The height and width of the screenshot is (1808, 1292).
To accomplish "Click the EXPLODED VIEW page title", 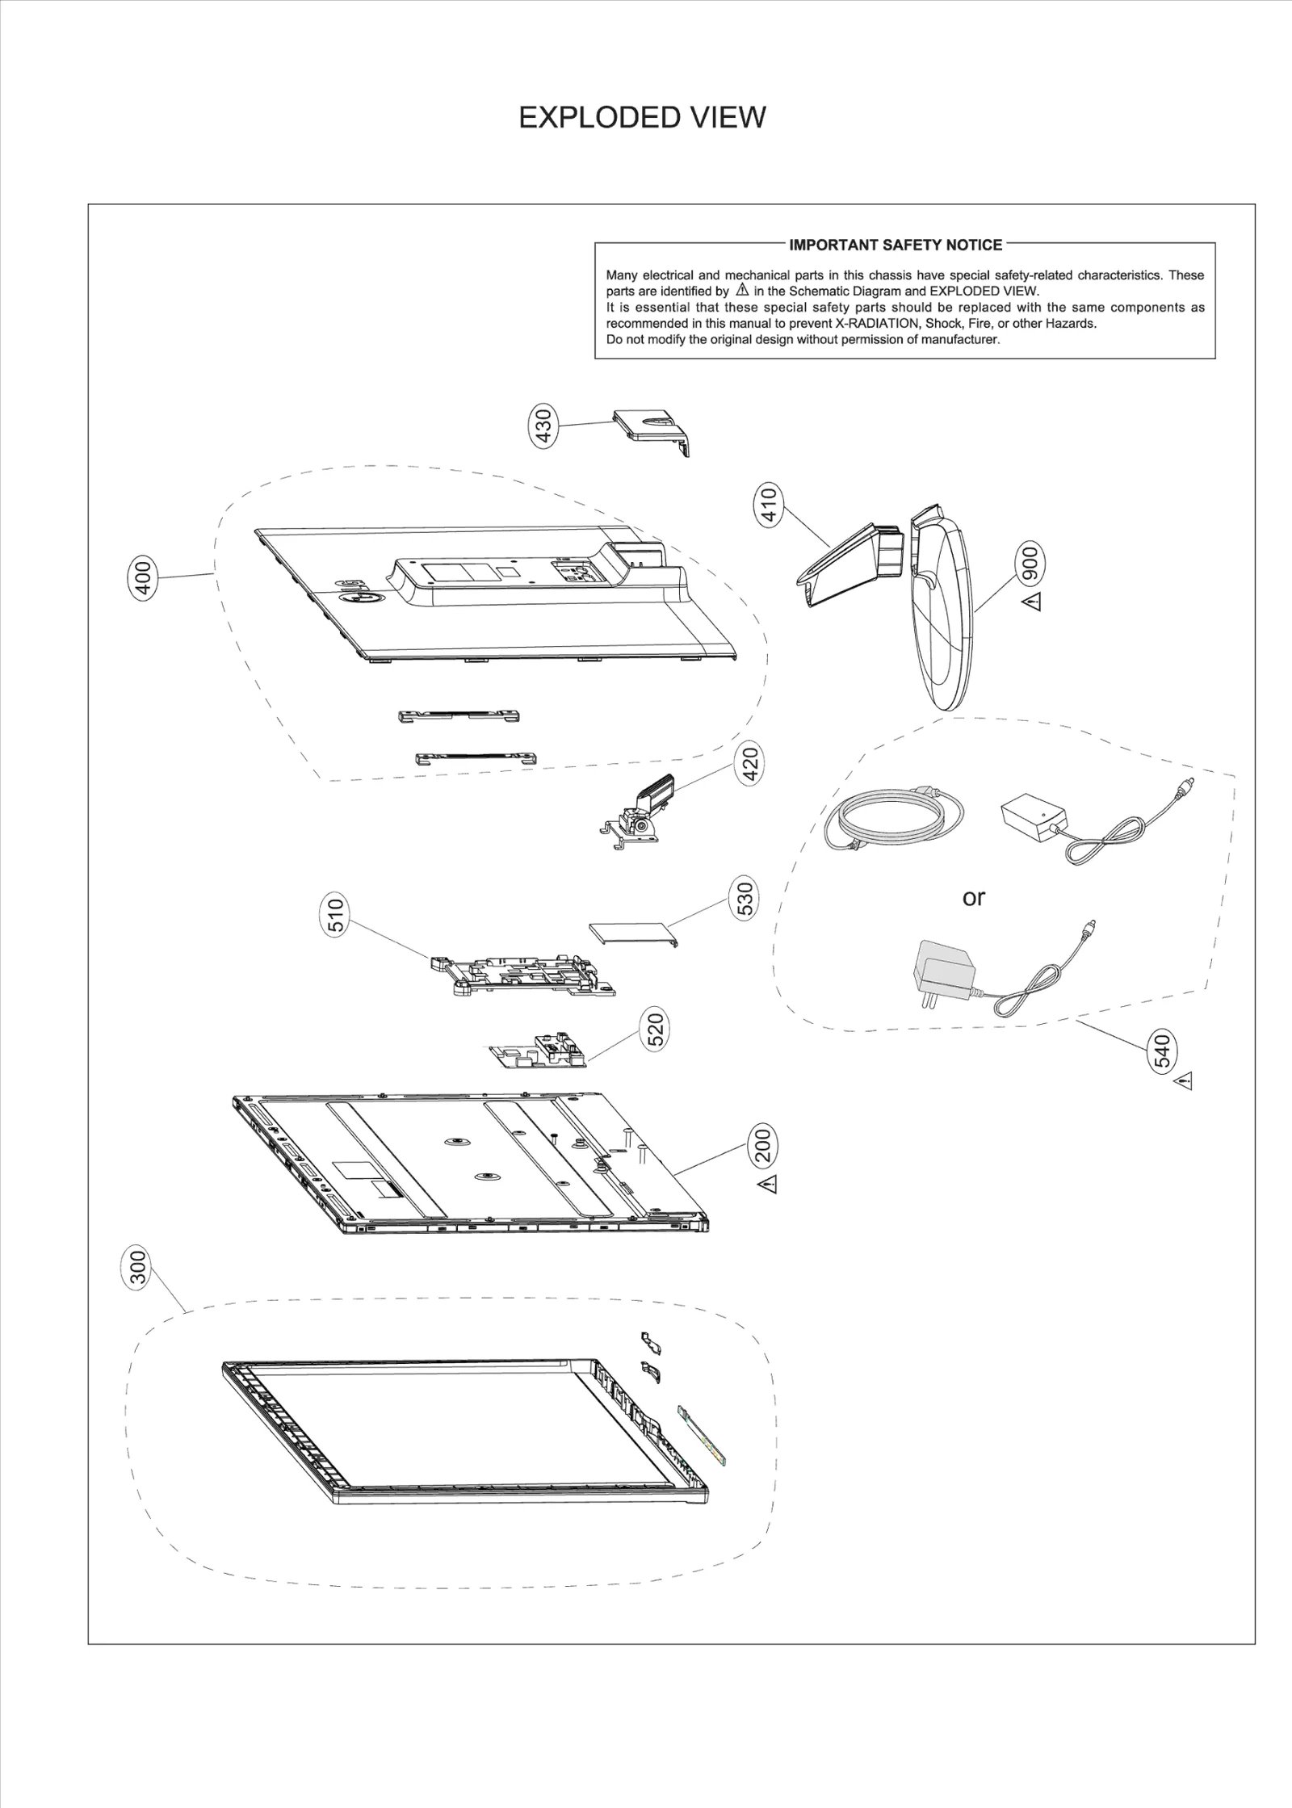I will point(642,118).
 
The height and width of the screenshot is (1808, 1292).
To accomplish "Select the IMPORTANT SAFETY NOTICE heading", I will point(896,245).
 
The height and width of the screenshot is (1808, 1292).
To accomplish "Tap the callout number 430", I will point(543,426).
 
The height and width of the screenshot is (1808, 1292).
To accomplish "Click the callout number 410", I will point(769,505).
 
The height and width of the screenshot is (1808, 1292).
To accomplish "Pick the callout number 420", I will point(750,766).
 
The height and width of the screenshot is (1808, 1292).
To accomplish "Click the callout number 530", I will point(745,899).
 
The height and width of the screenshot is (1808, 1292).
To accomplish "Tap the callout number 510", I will point(337,915).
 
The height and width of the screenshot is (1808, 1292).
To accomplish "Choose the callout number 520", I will point(656,1030).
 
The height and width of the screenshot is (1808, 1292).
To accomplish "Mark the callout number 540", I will point(1163,1051).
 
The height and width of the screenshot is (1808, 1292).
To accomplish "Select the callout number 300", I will point(139,1269).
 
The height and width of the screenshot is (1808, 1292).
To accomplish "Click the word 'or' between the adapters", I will point(974,897).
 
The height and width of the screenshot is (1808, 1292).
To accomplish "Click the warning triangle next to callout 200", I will point(766,1185).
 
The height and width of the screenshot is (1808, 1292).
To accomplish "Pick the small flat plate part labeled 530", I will point(631,933).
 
